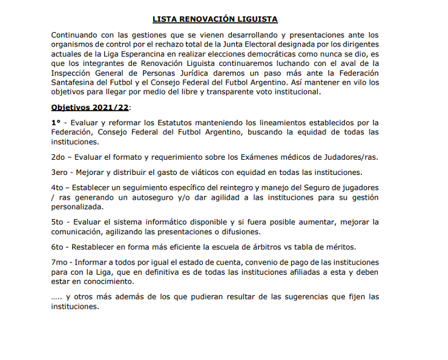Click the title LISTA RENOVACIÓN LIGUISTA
[223, 20]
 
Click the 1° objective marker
[56, 122]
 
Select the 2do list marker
[59, 157]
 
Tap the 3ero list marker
[61, 172]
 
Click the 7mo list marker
[60, 262]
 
